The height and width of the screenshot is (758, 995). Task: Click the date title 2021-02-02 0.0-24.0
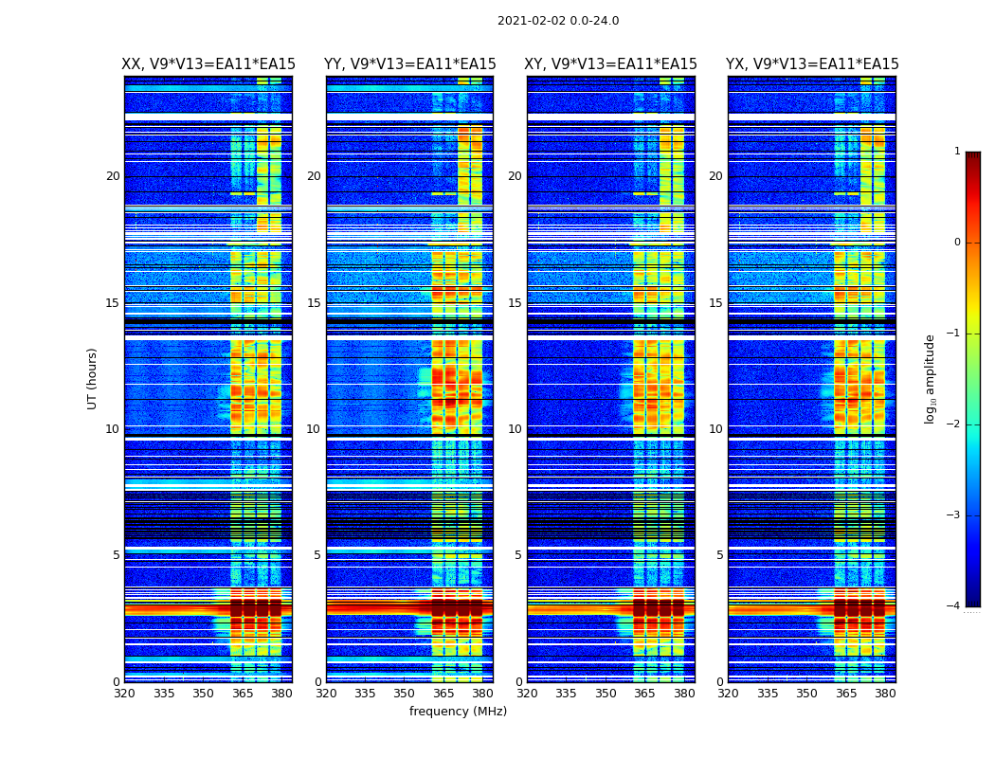point(558,21)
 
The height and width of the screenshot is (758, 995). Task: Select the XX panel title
point(208,64)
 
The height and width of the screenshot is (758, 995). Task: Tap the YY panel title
point(409,64)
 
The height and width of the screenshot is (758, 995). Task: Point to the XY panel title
point(610,64)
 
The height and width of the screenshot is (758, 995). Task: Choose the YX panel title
point(812,64)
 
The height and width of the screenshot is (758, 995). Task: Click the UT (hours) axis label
point(93,378)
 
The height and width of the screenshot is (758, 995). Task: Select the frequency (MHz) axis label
point(458,712)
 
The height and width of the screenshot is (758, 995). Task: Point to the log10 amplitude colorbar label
point(931,378)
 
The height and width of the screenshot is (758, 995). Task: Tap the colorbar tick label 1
point(956,152)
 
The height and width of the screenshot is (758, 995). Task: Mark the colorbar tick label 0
point(956,243)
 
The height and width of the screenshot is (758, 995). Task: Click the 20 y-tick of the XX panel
point(113,176)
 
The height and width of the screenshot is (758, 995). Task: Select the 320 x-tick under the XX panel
point(124,694)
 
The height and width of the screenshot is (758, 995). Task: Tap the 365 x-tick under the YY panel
point(443,694)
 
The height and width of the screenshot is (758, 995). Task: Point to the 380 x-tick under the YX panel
point(885,694)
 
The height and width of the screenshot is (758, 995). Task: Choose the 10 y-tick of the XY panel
point(515,429)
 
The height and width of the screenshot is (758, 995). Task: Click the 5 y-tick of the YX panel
point(719,555)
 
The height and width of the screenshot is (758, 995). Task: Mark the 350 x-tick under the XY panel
point(606,694)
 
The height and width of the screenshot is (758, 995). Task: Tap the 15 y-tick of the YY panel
point(314,303)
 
